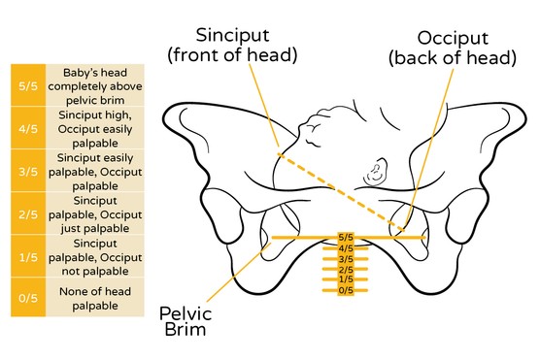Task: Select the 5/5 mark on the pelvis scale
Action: [346, 237]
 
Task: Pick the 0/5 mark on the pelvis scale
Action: [346, 290]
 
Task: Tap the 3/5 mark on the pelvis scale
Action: [346, 259]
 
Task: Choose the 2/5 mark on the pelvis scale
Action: [346, 270]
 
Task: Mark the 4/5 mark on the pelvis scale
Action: [346, 248]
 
